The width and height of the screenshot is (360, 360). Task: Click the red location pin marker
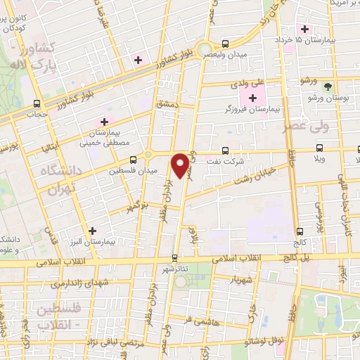pyautogui.click(x=181, y=164)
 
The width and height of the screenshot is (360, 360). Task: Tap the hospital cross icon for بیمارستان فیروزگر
pyautogui.click(x=253, y=97)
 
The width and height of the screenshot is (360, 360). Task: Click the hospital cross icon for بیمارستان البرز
pyautogui.click(x=91, y=230)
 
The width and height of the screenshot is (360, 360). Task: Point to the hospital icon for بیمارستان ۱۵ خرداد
pyautogui.click(x=304, y=29)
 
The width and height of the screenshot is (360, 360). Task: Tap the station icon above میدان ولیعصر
pyautogui.click(x=225, y=42)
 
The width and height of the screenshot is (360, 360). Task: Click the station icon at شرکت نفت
pyautogui.click(x=225, y=150)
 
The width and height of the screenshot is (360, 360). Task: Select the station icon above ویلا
pyautogui.click(x=320, y=148)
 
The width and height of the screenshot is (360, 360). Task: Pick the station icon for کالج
pyautogui.click(x=300, y=231)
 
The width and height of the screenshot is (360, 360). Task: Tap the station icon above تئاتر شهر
pyautogui.click(x=175, y=257)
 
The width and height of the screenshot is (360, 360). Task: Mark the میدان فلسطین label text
pyautogui.click(x=127, y=169)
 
